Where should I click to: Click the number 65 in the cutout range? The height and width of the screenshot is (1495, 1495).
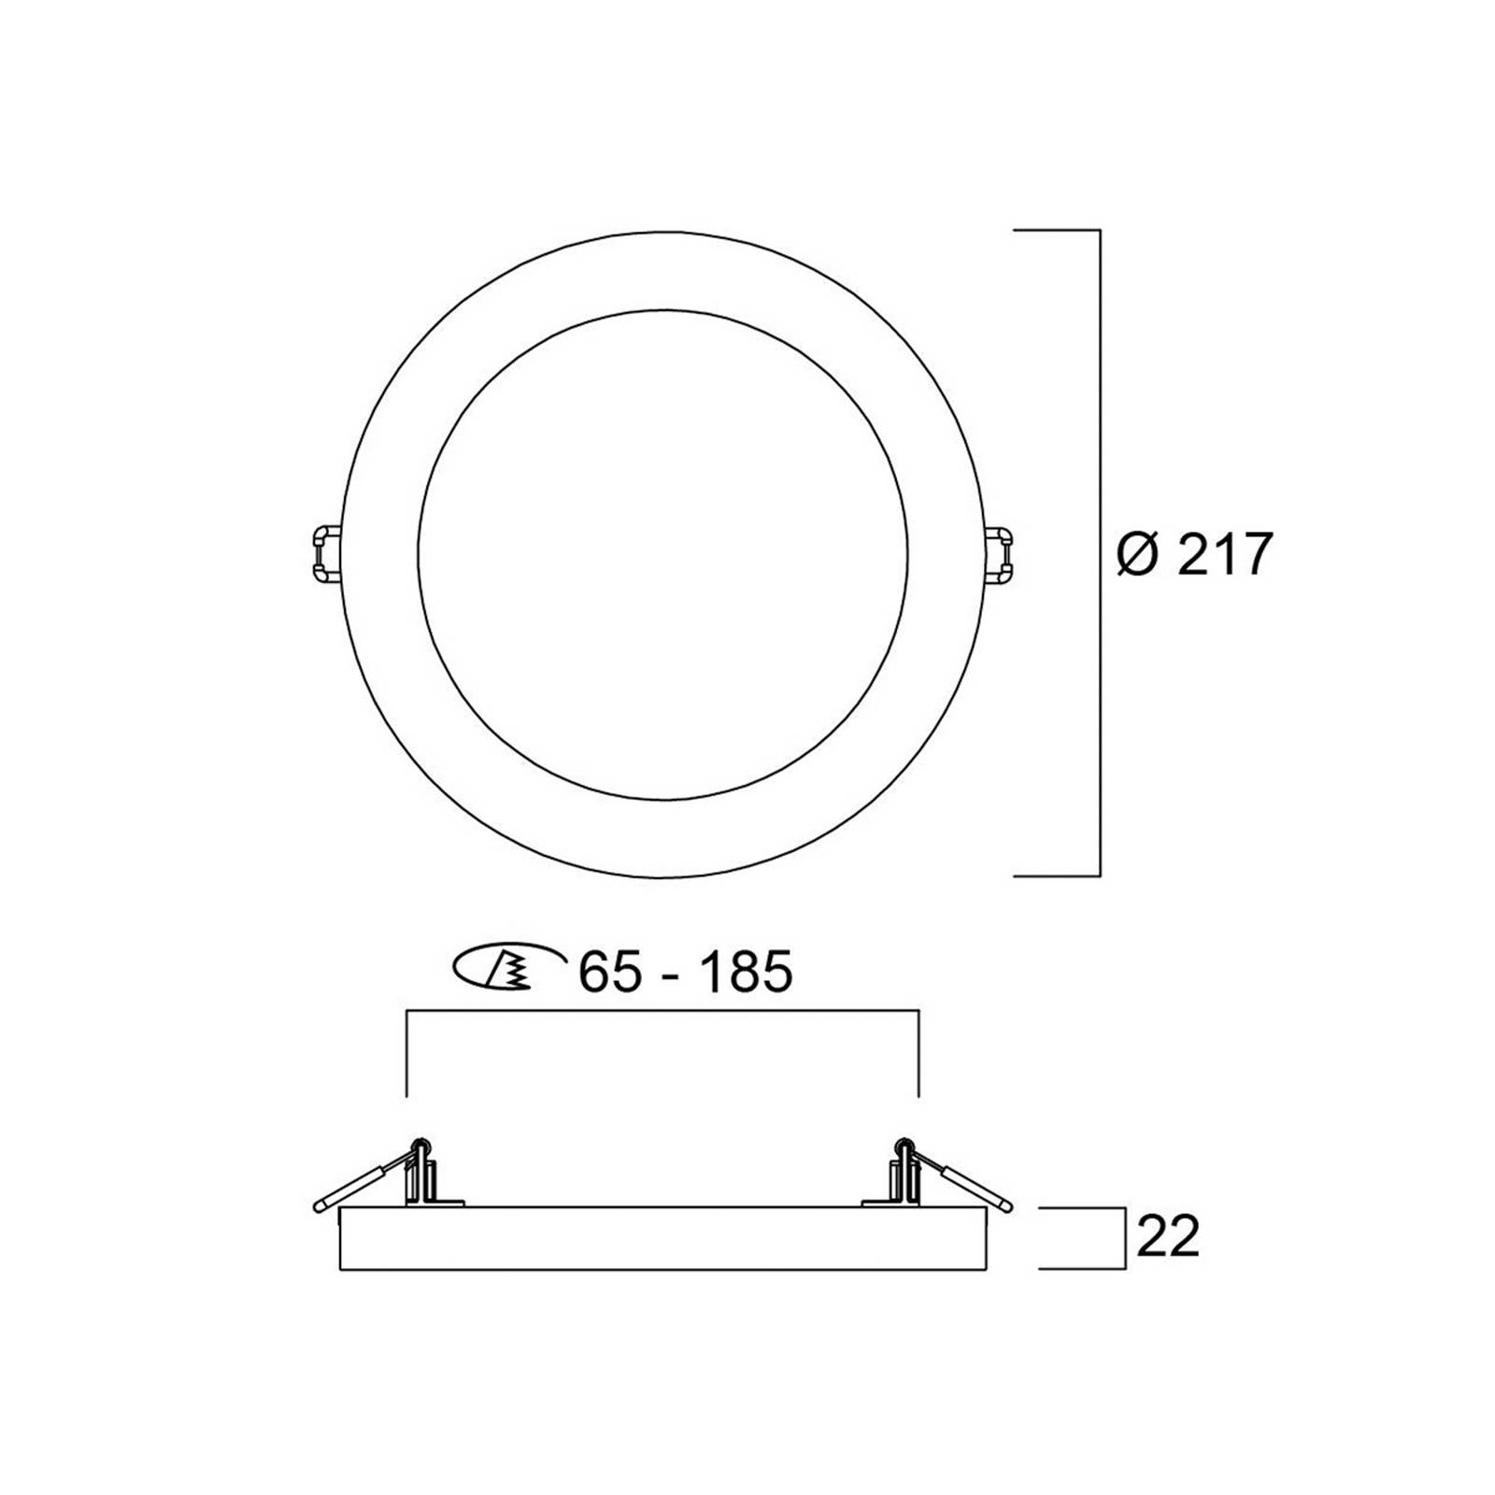[x=610, y=972]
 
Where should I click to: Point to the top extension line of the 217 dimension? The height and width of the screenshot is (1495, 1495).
[x=1057, y=230]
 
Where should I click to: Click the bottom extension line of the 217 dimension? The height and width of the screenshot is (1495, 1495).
[x=1057, y=876]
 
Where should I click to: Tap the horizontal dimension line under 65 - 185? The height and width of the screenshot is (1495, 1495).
[x=663, y=1011]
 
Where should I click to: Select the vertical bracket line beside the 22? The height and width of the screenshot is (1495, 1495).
[x=1124, y=1238]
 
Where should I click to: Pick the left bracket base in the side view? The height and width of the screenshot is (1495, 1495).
[x=434, y=1200]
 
